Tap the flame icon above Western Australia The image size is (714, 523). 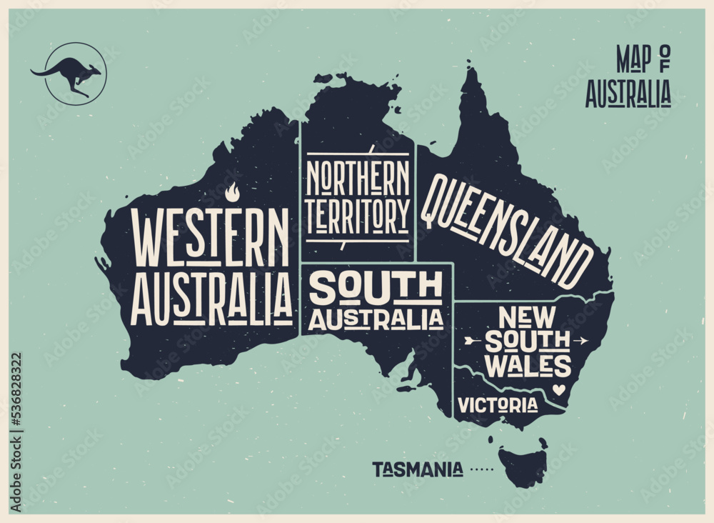point(231,192)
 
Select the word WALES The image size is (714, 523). point(528,365)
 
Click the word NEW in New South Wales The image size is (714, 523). point(527,316)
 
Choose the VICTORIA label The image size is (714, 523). point(498,405)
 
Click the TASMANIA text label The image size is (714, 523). point(417,469)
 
